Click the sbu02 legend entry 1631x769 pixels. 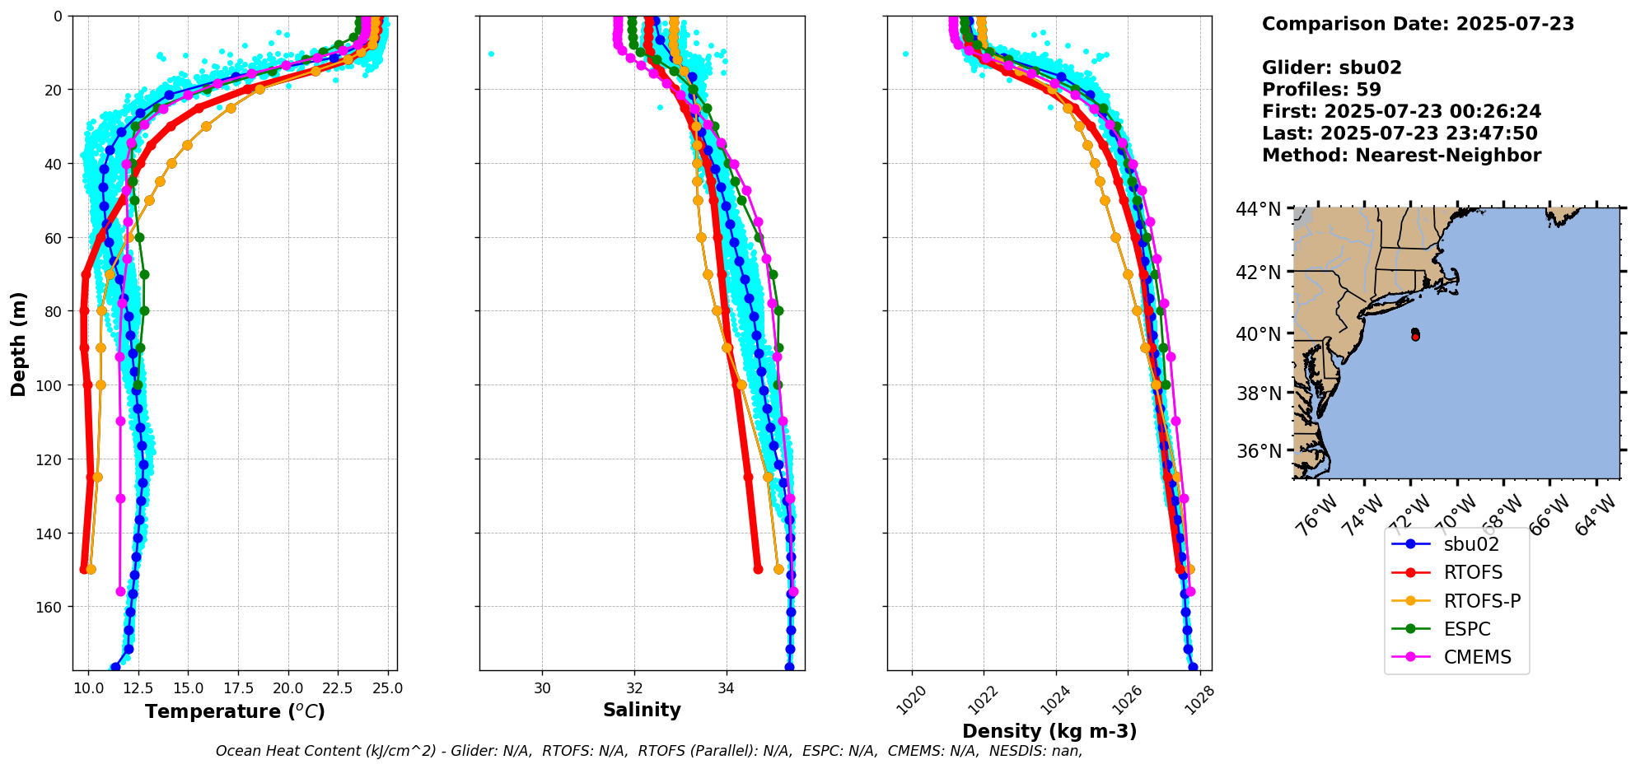[x=1470, y=544]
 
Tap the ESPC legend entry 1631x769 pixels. [x=1467, y=629]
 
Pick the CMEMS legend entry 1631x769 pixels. [x=1477, y=657]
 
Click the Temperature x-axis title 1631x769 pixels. [x=235, y=711]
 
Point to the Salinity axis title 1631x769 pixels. [x=642, y=710]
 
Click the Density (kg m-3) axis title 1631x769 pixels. [x=1049, y=731]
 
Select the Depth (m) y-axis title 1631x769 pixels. [x=18, y=343]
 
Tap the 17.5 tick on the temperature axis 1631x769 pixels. [x=237, y=688]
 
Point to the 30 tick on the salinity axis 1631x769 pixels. [x=542, y=688]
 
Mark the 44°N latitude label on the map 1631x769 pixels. [x=1257, y=209]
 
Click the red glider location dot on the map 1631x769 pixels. [x=1415, y=337]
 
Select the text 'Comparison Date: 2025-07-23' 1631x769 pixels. [x=1418, y=24]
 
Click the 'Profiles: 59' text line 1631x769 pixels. [x=1321, y=90]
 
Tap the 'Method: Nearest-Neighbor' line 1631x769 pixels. [x=1401, y=156]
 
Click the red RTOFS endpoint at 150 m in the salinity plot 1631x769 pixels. [x=758, y=569]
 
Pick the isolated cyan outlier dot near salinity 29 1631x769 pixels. [x=491, y=54]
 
